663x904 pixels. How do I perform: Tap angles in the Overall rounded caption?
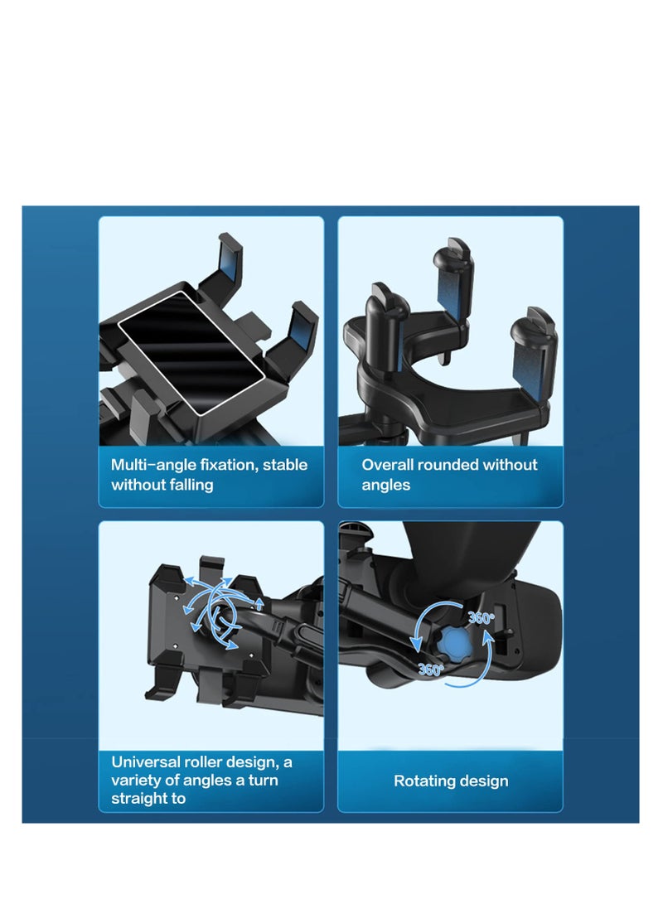[x=386, y=485]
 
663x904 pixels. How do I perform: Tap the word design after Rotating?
[x=485, y=781]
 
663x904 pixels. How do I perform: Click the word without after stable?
[x=140, y=485]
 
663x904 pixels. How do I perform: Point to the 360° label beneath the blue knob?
[x=430, y=670]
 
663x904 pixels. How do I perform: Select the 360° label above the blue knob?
[x=481, y=618]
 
